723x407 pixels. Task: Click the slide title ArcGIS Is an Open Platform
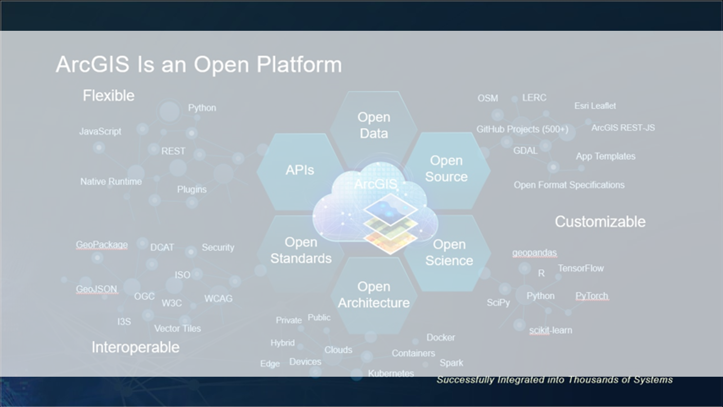(198, 65)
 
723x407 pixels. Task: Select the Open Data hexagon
(373, 125)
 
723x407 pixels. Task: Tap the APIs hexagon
(299, 170)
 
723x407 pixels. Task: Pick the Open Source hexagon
(446, 168)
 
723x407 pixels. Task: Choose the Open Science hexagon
(449, 253)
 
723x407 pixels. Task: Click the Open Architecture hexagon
(373, 295)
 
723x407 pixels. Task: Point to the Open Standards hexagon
(300, 250)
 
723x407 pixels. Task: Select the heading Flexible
(108, 95)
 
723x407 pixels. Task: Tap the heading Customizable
(600, 222)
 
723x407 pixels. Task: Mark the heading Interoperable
(136, 347)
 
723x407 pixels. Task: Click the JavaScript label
(100, 131)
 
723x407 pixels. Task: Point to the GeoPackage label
(102, 245)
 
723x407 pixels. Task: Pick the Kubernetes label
(391, 373)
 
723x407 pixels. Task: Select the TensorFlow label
(581, 268)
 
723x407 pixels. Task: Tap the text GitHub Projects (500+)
(522, 129)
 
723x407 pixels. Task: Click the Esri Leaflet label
(595, 106)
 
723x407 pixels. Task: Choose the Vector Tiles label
(178, 328)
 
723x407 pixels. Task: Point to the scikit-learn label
(550, 330)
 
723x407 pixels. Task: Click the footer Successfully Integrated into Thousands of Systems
(555, 380)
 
